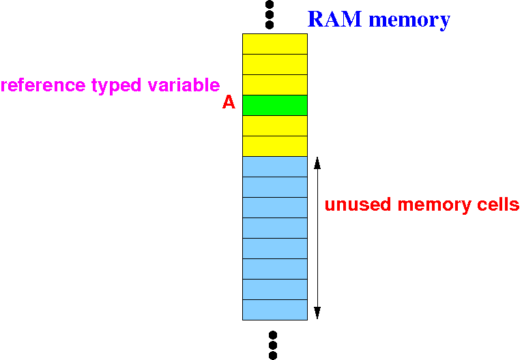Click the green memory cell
coord(275,105)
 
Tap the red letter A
coord(229,102)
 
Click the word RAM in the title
coord(334,18)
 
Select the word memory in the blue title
coord(409,20)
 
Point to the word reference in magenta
coord(43,85)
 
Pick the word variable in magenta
coord(184,85)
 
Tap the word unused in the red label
coord(358,205)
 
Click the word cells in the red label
coord(498,205)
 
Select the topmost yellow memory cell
coord(275,44)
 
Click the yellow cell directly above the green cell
coord(275,85)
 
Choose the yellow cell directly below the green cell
coord(275,125)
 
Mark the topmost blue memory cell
coord(275,166)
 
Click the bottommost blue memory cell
coord(275,310)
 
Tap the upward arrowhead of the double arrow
coord(317,163)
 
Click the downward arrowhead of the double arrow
coord(317,313)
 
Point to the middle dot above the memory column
coord(270,14)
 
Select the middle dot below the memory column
coord(273,345)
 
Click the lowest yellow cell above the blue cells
coord(275,146)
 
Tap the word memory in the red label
coord(434,205)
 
